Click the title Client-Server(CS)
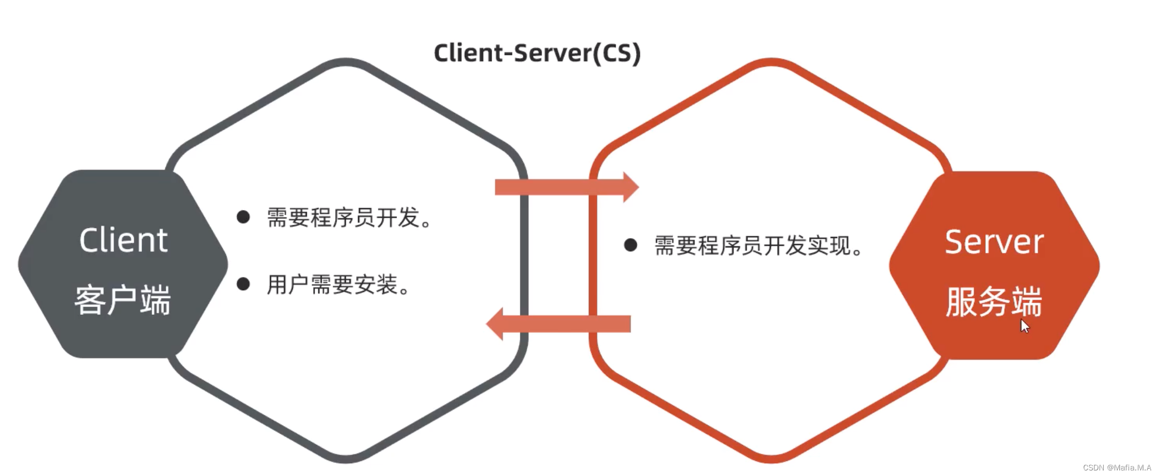click(x=537, y=53)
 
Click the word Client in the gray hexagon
click(x=123, y=240)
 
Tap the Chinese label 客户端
click(x=122, y=300)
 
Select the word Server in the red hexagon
click(x=994, y=242)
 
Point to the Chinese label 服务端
click(x=994, y=302)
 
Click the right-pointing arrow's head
click(x=631, y=187)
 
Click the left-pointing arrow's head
click(x=495, y=324)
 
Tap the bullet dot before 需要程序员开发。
click(x=243, y=217)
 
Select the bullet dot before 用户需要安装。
click(x=243, y=284)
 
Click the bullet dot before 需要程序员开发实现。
click(x=631, y=245)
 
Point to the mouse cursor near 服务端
click(x=1024, y=326)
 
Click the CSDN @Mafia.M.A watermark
click(x=1117, y=468)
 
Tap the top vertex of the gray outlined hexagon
click(x=346, y=62)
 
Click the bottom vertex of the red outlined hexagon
click(x=771, y=459)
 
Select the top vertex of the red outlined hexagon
click(x=771, y=62)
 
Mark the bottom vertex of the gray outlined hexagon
click(x=346, y=459)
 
